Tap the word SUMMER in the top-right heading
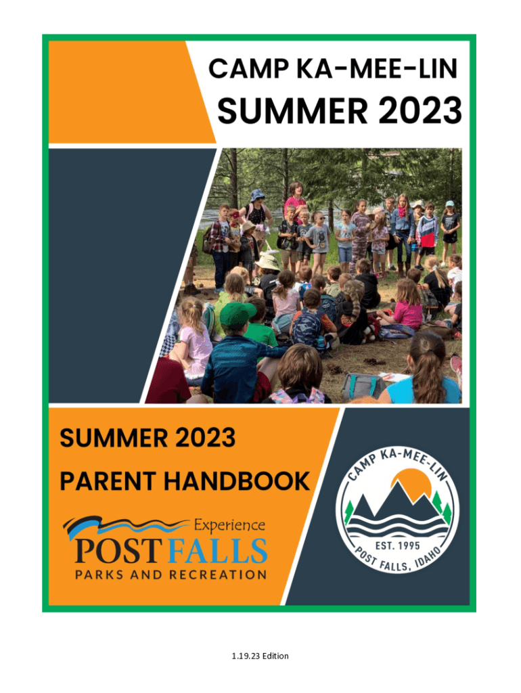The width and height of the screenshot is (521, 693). pos(292,110)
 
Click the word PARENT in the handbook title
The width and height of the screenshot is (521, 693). pos(108,481)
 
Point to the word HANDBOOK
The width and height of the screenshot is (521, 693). pos(237,481)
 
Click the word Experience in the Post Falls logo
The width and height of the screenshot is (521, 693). pos(230,525)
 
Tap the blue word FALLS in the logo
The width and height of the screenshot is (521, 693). pos(219,551)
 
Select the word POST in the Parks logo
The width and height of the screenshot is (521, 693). pos(118,551)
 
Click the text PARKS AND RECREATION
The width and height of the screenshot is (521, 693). pos(171,575)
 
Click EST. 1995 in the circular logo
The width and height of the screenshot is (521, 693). pos(397,546)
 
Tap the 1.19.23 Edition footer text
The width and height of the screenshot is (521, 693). pos(260,656)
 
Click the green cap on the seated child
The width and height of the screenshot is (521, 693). pos(237,314)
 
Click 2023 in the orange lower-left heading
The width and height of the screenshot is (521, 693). pos(206,438)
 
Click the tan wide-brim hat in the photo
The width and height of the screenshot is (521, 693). pos(267,262)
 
